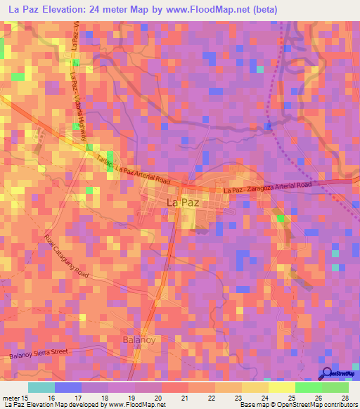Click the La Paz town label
pyautogui.click(x=182, y=202)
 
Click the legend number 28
pyautogui.click(x=345, y=398)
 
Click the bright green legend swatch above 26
pyautogui.click(x=309, y=387)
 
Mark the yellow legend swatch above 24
pyautogui.click(x=255, y=387)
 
